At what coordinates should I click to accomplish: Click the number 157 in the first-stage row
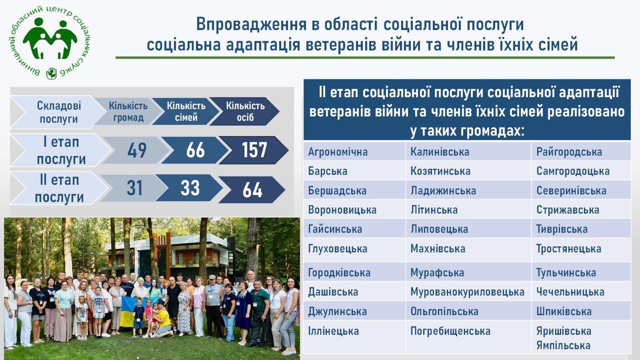tap(254, 150)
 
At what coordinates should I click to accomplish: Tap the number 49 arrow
tap(137, 150)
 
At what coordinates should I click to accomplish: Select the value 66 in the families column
tap(195, 150)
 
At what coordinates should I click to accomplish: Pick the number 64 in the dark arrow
tap(252, 190)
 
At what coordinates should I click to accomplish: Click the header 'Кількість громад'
tap(128, 111)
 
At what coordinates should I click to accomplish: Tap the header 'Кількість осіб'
tap(245, 111)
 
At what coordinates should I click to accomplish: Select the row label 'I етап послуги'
tap(61, 150)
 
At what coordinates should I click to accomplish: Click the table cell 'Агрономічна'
tap(337, 151)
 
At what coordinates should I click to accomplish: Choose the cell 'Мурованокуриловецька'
tap(467, 292)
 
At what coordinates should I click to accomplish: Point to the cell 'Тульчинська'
tap(566, 272)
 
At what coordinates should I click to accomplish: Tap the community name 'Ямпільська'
tap(563, 345)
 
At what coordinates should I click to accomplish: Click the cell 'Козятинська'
tap(440, 171)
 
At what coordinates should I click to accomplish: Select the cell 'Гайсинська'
tap(335, 229)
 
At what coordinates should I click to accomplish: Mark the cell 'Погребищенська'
tap(450, 331)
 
